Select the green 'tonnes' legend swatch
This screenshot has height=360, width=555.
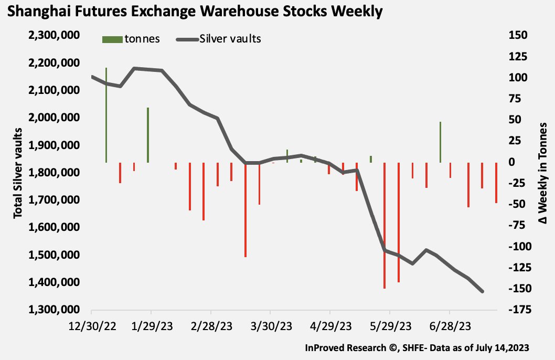tap(112, 39)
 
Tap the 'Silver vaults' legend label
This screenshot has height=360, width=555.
tap(230, 39)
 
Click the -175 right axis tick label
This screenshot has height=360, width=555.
tap(516, 310)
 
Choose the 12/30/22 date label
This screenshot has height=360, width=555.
tap(92, 326)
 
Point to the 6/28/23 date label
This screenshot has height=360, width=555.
tap(450, 326)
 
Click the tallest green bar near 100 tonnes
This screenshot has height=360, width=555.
tap(106, 115)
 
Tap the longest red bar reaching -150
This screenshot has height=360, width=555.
tap(385, 226)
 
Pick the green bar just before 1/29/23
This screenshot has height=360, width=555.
tap(148, 135)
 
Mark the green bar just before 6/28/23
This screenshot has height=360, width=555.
tap(440, 142)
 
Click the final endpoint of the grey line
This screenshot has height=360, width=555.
tap(482, 292)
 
